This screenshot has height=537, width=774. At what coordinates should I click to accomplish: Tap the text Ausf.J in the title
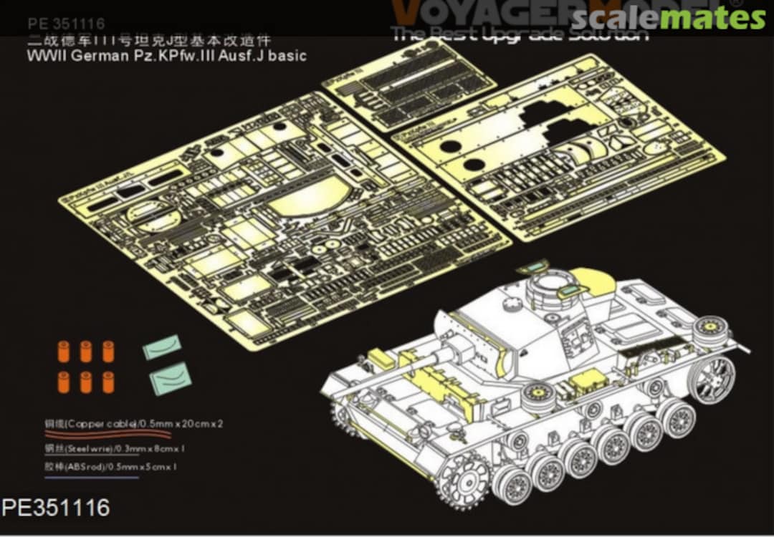coord(244,55)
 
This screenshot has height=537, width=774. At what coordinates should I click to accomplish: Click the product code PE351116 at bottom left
coord(56,508)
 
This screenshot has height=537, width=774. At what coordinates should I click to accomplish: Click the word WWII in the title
coord(44,55)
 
